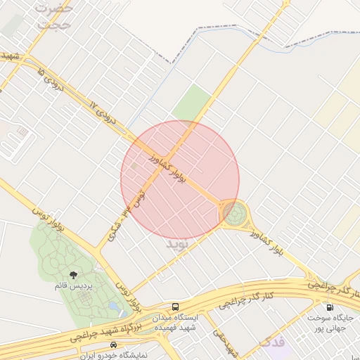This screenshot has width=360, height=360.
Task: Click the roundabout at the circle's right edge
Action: pos(234,213)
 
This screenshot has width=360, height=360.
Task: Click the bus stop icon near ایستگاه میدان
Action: pos(176,307)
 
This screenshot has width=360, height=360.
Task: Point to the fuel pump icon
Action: pos(329,307)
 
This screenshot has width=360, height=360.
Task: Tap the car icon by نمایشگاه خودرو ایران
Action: pos(114,345)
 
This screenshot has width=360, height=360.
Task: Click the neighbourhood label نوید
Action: pos(178,245)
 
